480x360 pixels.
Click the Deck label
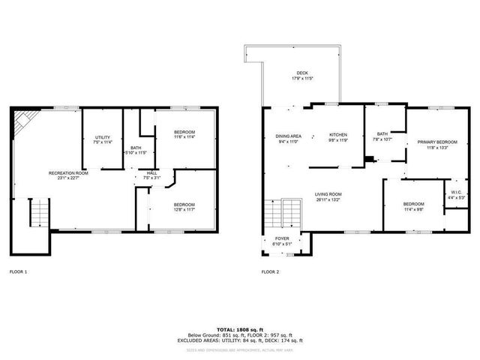click(x=301, y=73)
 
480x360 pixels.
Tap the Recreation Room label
click(x=68, y=173)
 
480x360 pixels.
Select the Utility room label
click(x=103, y=137)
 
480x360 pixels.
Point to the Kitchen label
click(x=339, y=135)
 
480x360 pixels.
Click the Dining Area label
click(x=288, y=135)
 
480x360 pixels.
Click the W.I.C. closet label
click(x=455, y=193)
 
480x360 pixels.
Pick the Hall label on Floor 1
click(x=151, y=173)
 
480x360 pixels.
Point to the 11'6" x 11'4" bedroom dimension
click(x=184, y=137)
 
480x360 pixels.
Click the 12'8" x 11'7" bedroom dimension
click(x=184, y=209)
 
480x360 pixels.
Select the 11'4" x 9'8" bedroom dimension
click(x=412, y=209)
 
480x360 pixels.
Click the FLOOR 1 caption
click(x=18, y=271)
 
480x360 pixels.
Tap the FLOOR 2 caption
click(x=270, y=271)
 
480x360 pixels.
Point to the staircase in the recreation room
click(x=37, y=214)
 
